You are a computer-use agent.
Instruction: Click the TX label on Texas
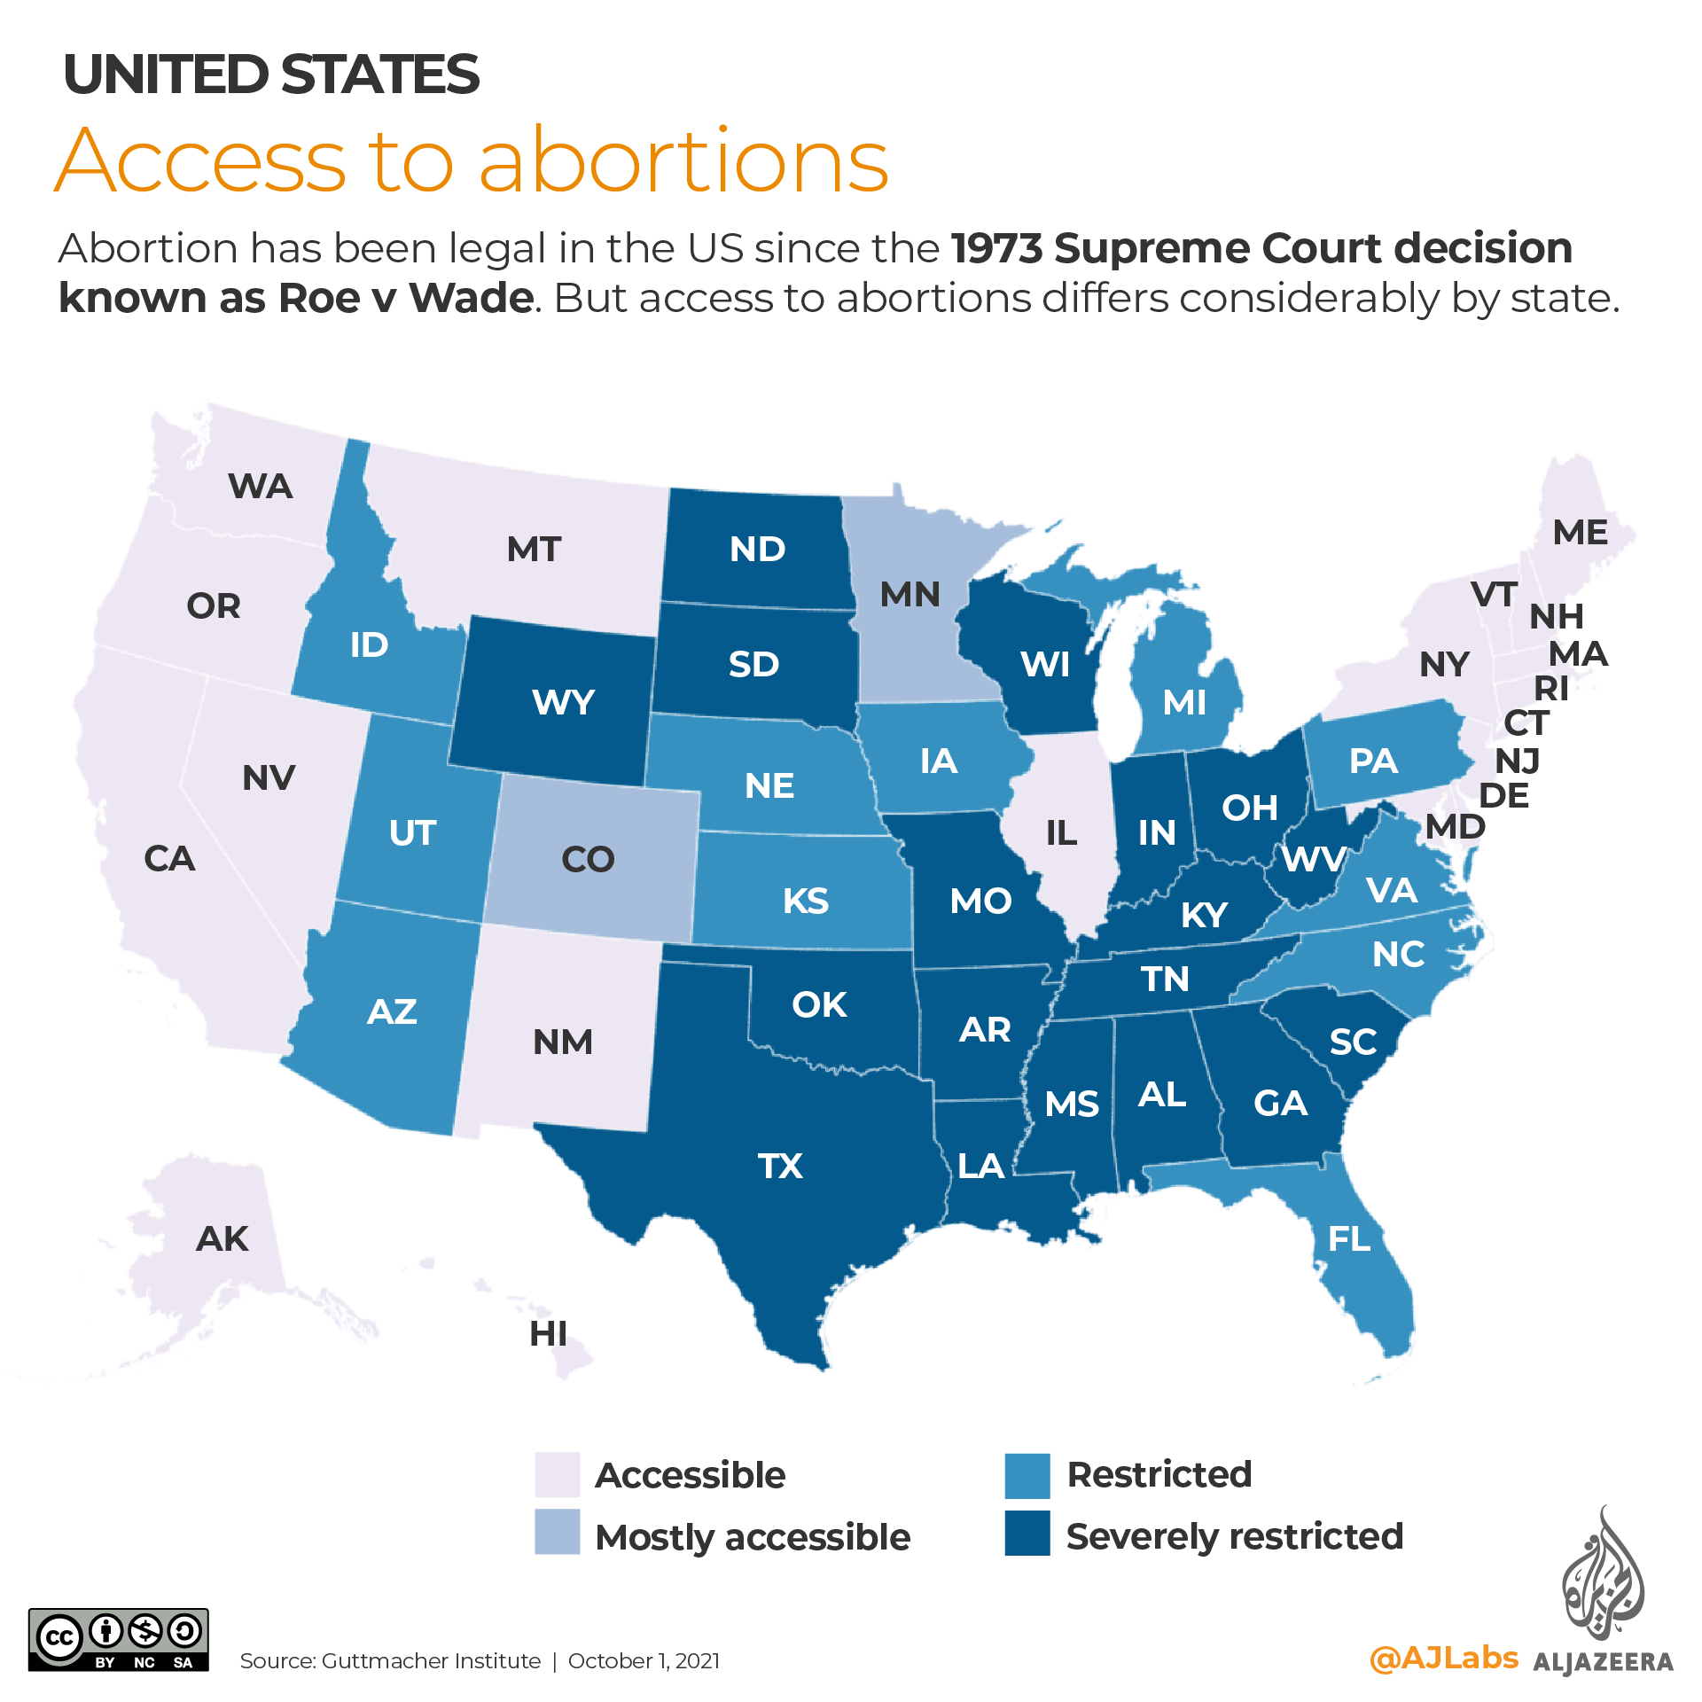pyautogui.click(x=780, y=1166)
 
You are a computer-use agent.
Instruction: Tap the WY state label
pyautogui.click(x=563, y=702)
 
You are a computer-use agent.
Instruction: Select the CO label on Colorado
pyautogui.click(x=588, y=859)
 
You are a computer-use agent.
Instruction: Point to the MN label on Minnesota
pyautogui.click(x=910, y=594)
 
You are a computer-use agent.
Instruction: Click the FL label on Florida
pyautogui.click(x=1349, y=1238)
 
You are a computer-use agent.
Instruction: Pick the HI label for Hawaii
pyautogui.click(x=548, y=1333)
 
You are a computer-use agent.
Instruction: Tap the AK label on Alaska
pyautogui.click(x=222, y=1238)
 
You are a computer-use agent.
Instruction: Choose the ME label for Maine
pyautogui.click(x=1580, y=532)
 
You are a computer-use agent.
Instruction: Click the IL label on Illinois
pyautogui.click(x=1061, y=832)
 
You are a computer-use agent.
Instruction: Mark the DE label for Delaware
pyautogui.click(x=1504, y=795)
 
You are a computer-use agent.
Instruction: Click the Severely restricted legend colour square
pyautogui.click(x=1027, y=1534)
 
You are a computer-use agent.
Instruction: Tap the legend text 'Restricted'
pyautogui.click(x=1159, y=1474)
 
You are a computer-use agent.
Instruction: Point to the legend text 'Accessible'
pyautogui.click(x=690, y=1475)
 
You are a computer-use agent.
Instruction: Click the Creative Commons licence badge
pyautogui.click(x=119, y=1640)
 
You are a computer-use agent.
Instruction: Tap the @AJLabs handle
pyautogui.click(x=1443, y=1658)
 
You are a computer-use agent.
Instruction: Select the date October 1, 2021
pyautogui.click(x=644, y=1660)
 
